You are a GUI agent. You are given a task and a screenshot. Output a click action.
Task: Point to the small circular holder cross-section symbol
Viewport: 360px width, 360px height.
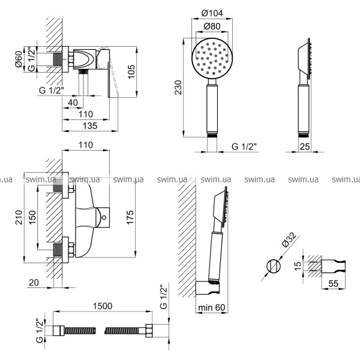point(273,264)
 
